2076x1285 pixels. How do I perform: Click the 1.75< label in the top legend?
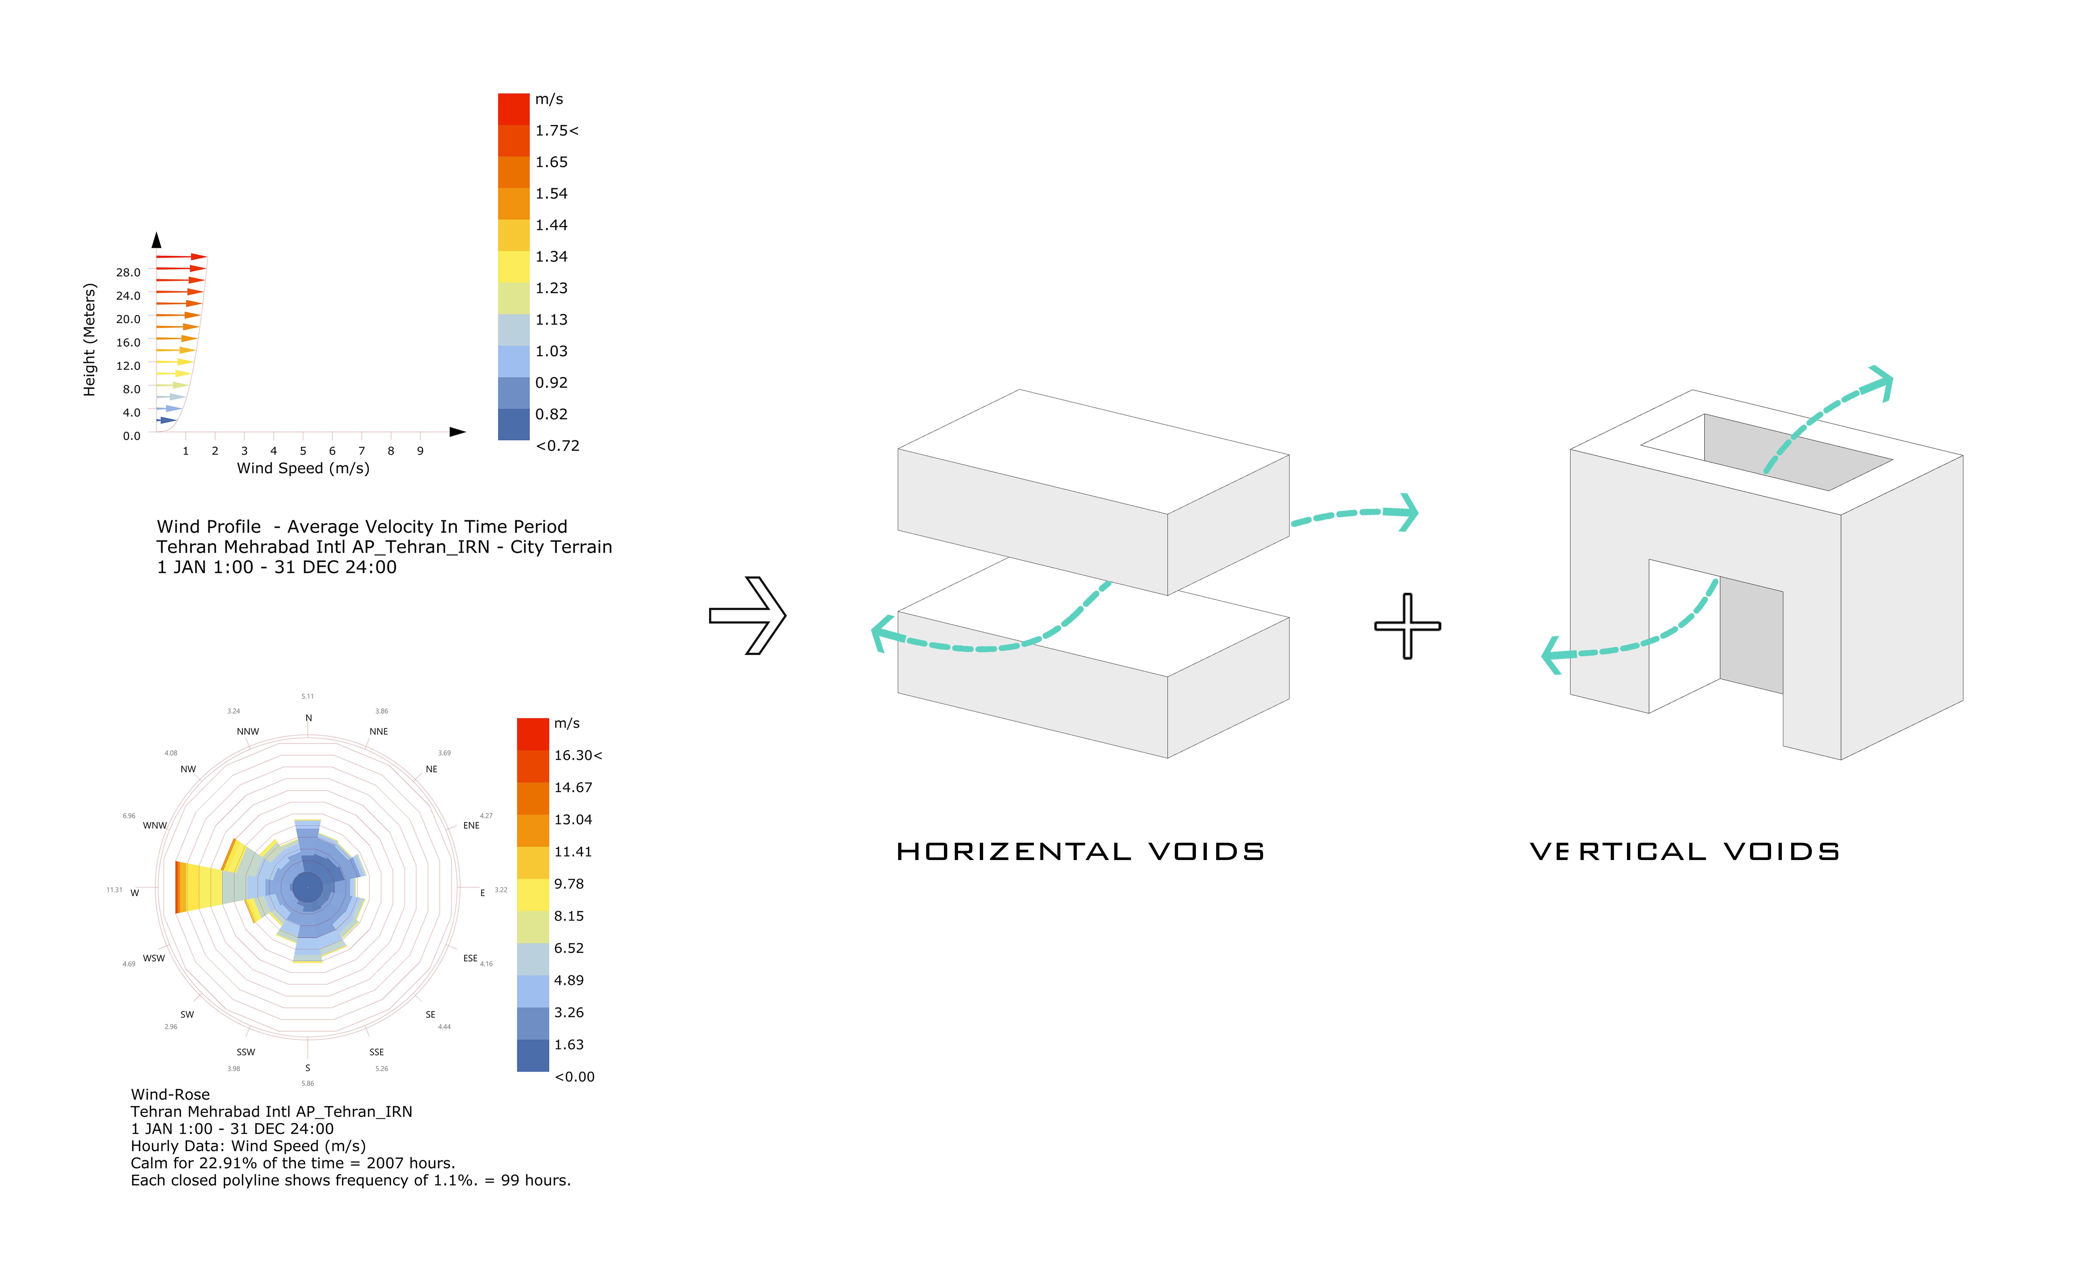point(556,131)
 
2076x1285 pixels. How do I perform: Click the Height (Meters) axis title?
point(89,340)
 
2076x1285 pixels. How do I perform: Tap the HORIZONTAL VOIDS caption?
point(1080,851)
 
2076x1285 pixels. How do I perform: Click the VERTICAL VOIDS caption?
point(1685,851)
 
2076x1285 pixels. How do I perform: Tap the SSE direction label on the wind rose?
point(376,1052)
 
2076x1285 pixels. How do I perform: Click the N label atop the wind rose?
point(308,718)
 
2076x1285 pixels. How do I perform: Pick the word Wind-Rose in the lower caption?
point(170,1095)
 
